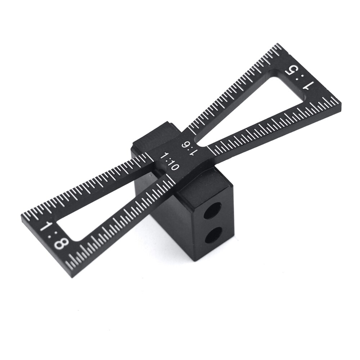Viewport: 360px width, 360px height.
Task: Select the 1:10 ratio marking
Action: [170, 162]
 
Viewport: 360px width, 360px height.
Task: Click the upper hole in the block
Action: [212, 211]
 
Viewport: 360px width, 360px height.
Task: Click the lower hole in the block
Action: [213, 236]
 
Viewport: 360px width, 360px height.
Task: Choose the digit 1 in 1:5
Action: [308, 86]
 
